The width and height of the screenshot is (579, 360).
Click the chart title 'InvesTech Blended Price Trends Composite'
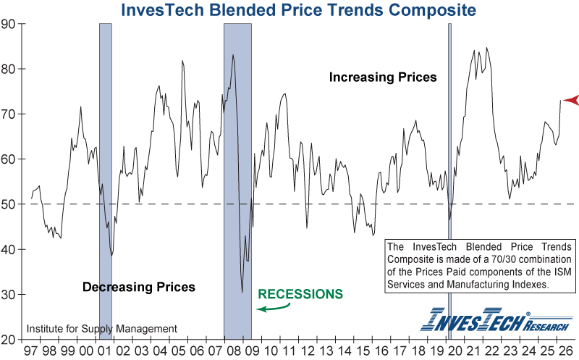(x=298, y=9)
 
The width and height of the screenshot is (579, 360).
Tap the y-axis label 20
(x=8, y=340)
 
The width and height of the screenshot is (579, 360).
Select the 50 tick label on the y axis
(x=8, y=204)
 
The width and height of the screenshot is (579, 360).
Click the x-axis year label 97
(x=31, y=351)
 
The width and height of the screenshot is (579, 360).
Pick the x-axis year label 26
(x=565, y=351)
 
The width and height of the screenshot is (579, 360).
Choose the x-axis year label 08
(x=234, y=351)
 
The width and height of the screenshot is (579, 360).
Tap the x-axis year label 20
(x=455, y=351)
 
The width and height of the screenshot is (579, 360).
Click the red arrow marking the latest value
(x=571, y=100)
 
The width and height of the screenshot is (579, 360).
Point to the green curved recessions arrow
(x=274, y=308)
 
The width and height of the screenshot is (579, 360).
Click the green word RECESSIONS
(x=300, y=294)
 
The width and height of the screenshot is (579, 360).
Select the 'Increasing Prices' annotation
(x=383, y=77)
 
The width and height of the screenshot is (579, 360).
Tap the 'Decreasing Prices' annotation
(x=139, y=287)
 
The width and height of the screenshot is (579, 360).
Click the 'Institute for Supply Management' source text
(x=102, y=329)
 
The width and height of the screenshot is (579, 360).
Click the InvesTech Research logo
(x=496, y=319)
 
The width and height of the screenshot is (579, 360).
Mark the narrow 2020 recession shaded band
(x=449, y=181)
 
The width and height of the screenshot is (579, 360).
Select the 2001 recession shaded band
(x=106, y=181)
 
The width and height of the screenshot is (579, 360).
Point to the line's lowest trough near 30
(x=242, y=292)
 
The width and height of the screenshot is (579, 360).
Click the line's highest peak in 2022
(x=486, y=48)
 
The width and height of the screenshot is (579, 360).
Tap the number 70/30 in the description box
(x=504, y=259)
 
